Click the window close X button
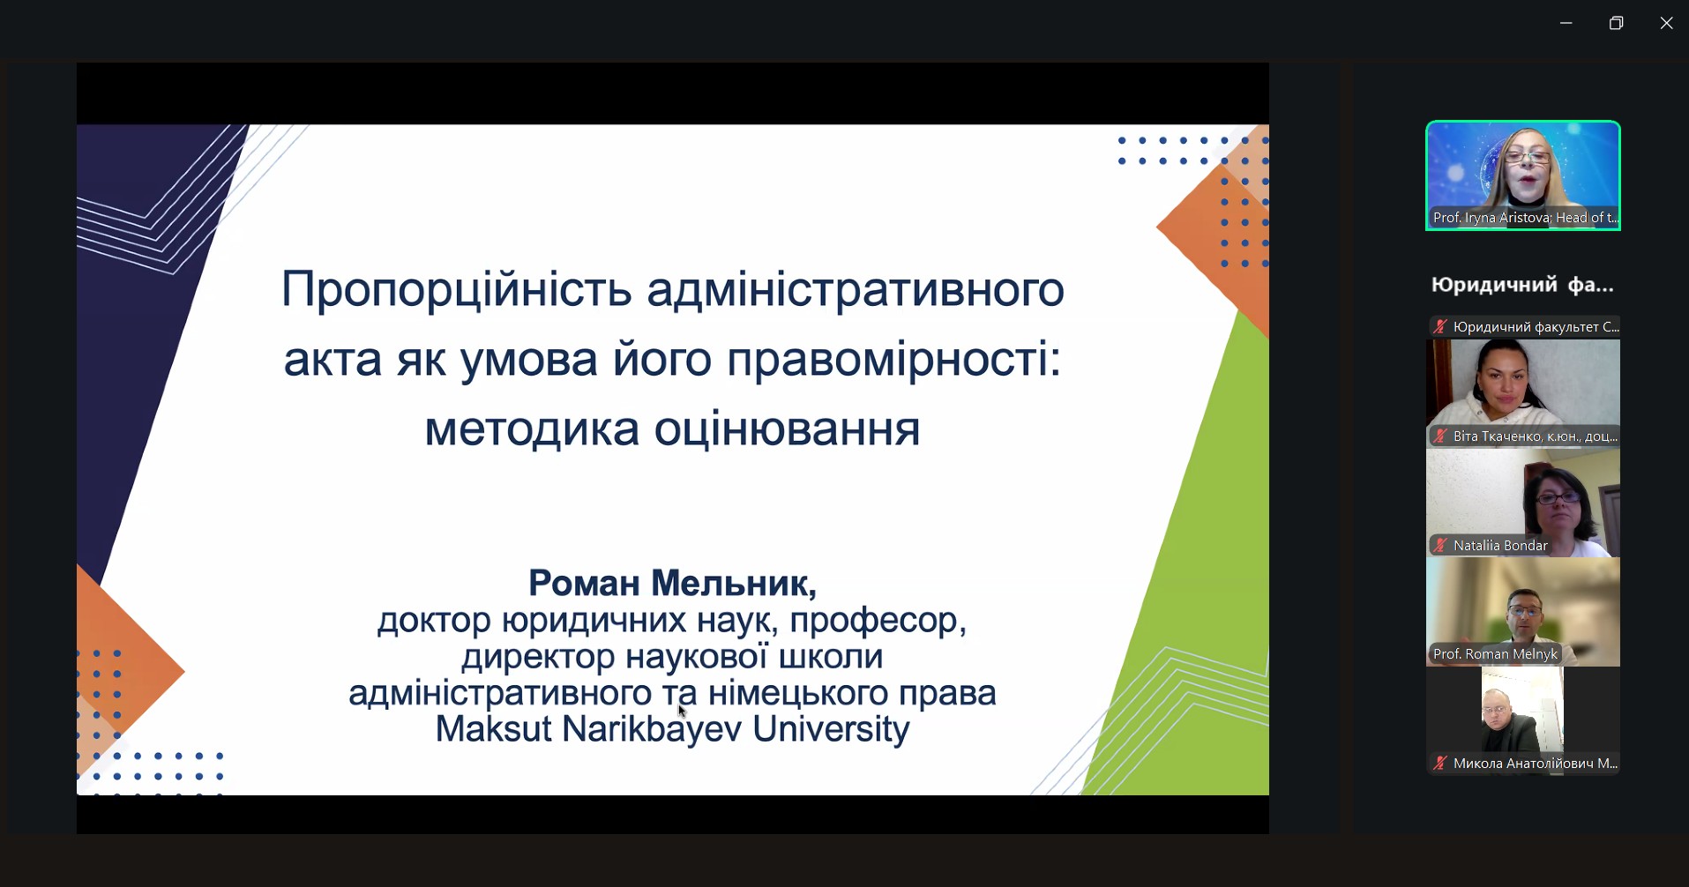1666,23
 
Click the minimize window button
1566,23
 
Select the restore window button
1616,23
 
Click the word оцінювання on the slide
787,429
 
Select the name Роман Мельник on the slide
672,583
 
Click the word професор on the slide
878,621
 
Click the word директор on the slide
537,657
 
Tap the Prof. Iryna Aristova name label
1524,218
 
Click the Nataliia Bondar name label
1500,546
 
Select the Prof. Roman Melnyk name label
1495,654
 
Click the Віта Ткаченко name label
1535,436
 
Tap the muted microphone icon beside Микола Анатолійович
1440,764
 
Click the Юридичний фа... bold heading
1522,285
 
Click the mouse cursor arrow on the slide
682,710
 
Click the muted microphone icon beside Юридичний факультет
1440,327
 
